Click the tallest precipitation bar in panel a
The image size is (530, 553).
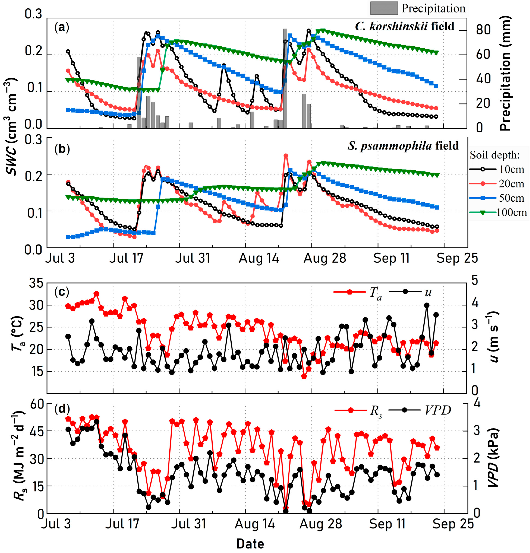(x=285, y=78)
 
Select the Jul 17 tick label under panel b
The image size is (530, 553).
(x=126, y=258)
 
